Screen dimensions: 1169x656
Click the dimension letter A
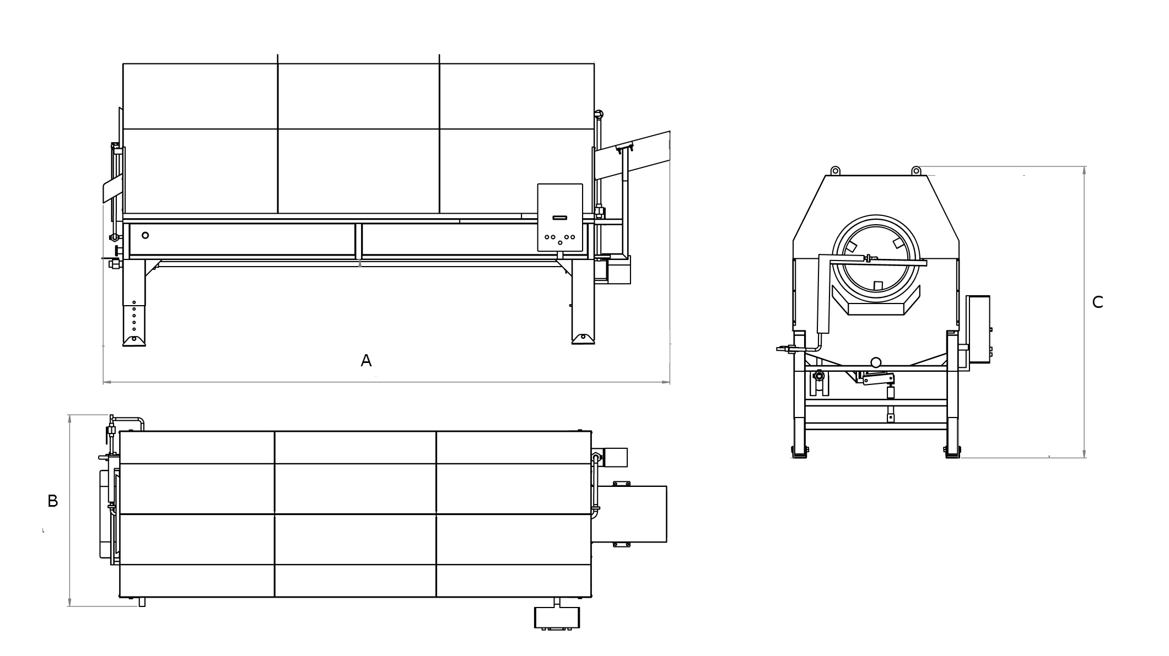point(366,361)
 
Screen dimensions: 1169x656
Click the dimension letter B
point(53,501)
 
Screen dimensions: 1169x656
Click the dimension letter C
point(1097,302)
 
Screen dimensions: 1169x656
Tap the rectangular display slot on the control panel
point(560,218)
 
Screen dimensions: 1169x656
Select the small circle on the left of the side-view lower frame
point(145,235)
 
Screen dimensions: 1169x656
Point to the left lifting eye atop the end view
point(835,170)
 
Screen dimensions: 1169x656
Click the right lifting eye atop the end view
point(916,170)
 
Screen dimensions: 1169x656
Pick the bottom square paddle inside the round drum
point(879,285)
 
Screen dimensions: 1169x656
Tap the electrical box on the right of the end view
point(978,329)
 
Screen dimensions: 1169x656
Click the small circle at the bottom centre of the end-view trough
point(875,362)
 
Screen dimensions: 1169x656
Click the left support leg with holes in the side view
point(134,302)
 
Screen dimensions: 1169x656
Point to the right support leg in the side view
point(583,302)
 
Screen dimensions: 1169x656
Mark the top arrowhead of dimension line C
point(1085,170)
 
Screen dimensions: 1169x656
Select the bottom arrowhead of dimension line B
point(69,602)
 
